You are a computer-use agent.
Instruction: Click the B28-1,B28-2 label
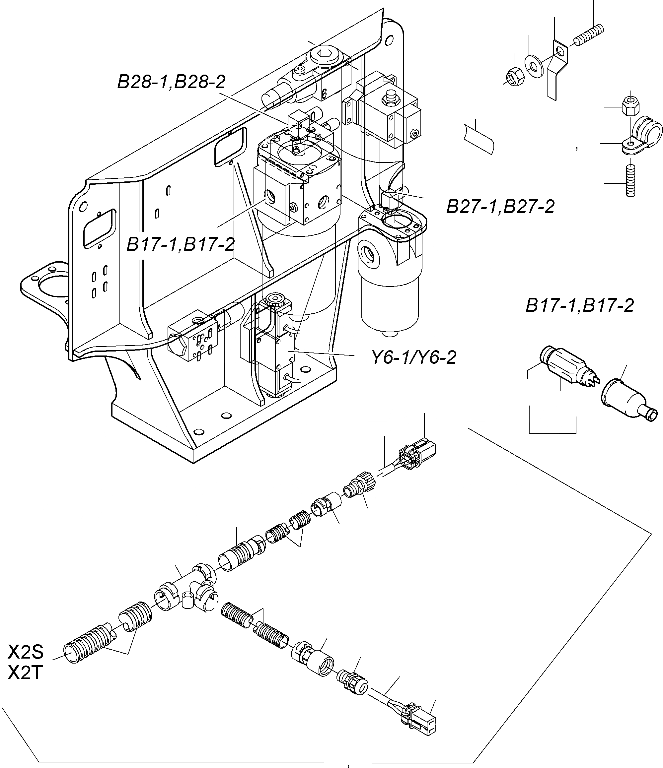click(x=171, y=82)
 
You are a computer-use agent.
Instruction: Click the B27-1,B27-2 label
click(x=500, y=207)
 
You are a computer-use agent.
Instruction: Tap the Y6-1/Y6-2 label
click(x=414, y=358)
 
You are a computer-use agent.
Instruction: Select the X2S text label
click(x=26, y=652)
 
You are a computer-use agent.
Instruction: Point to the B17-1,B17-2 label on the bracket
click(x=181, y=244)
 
